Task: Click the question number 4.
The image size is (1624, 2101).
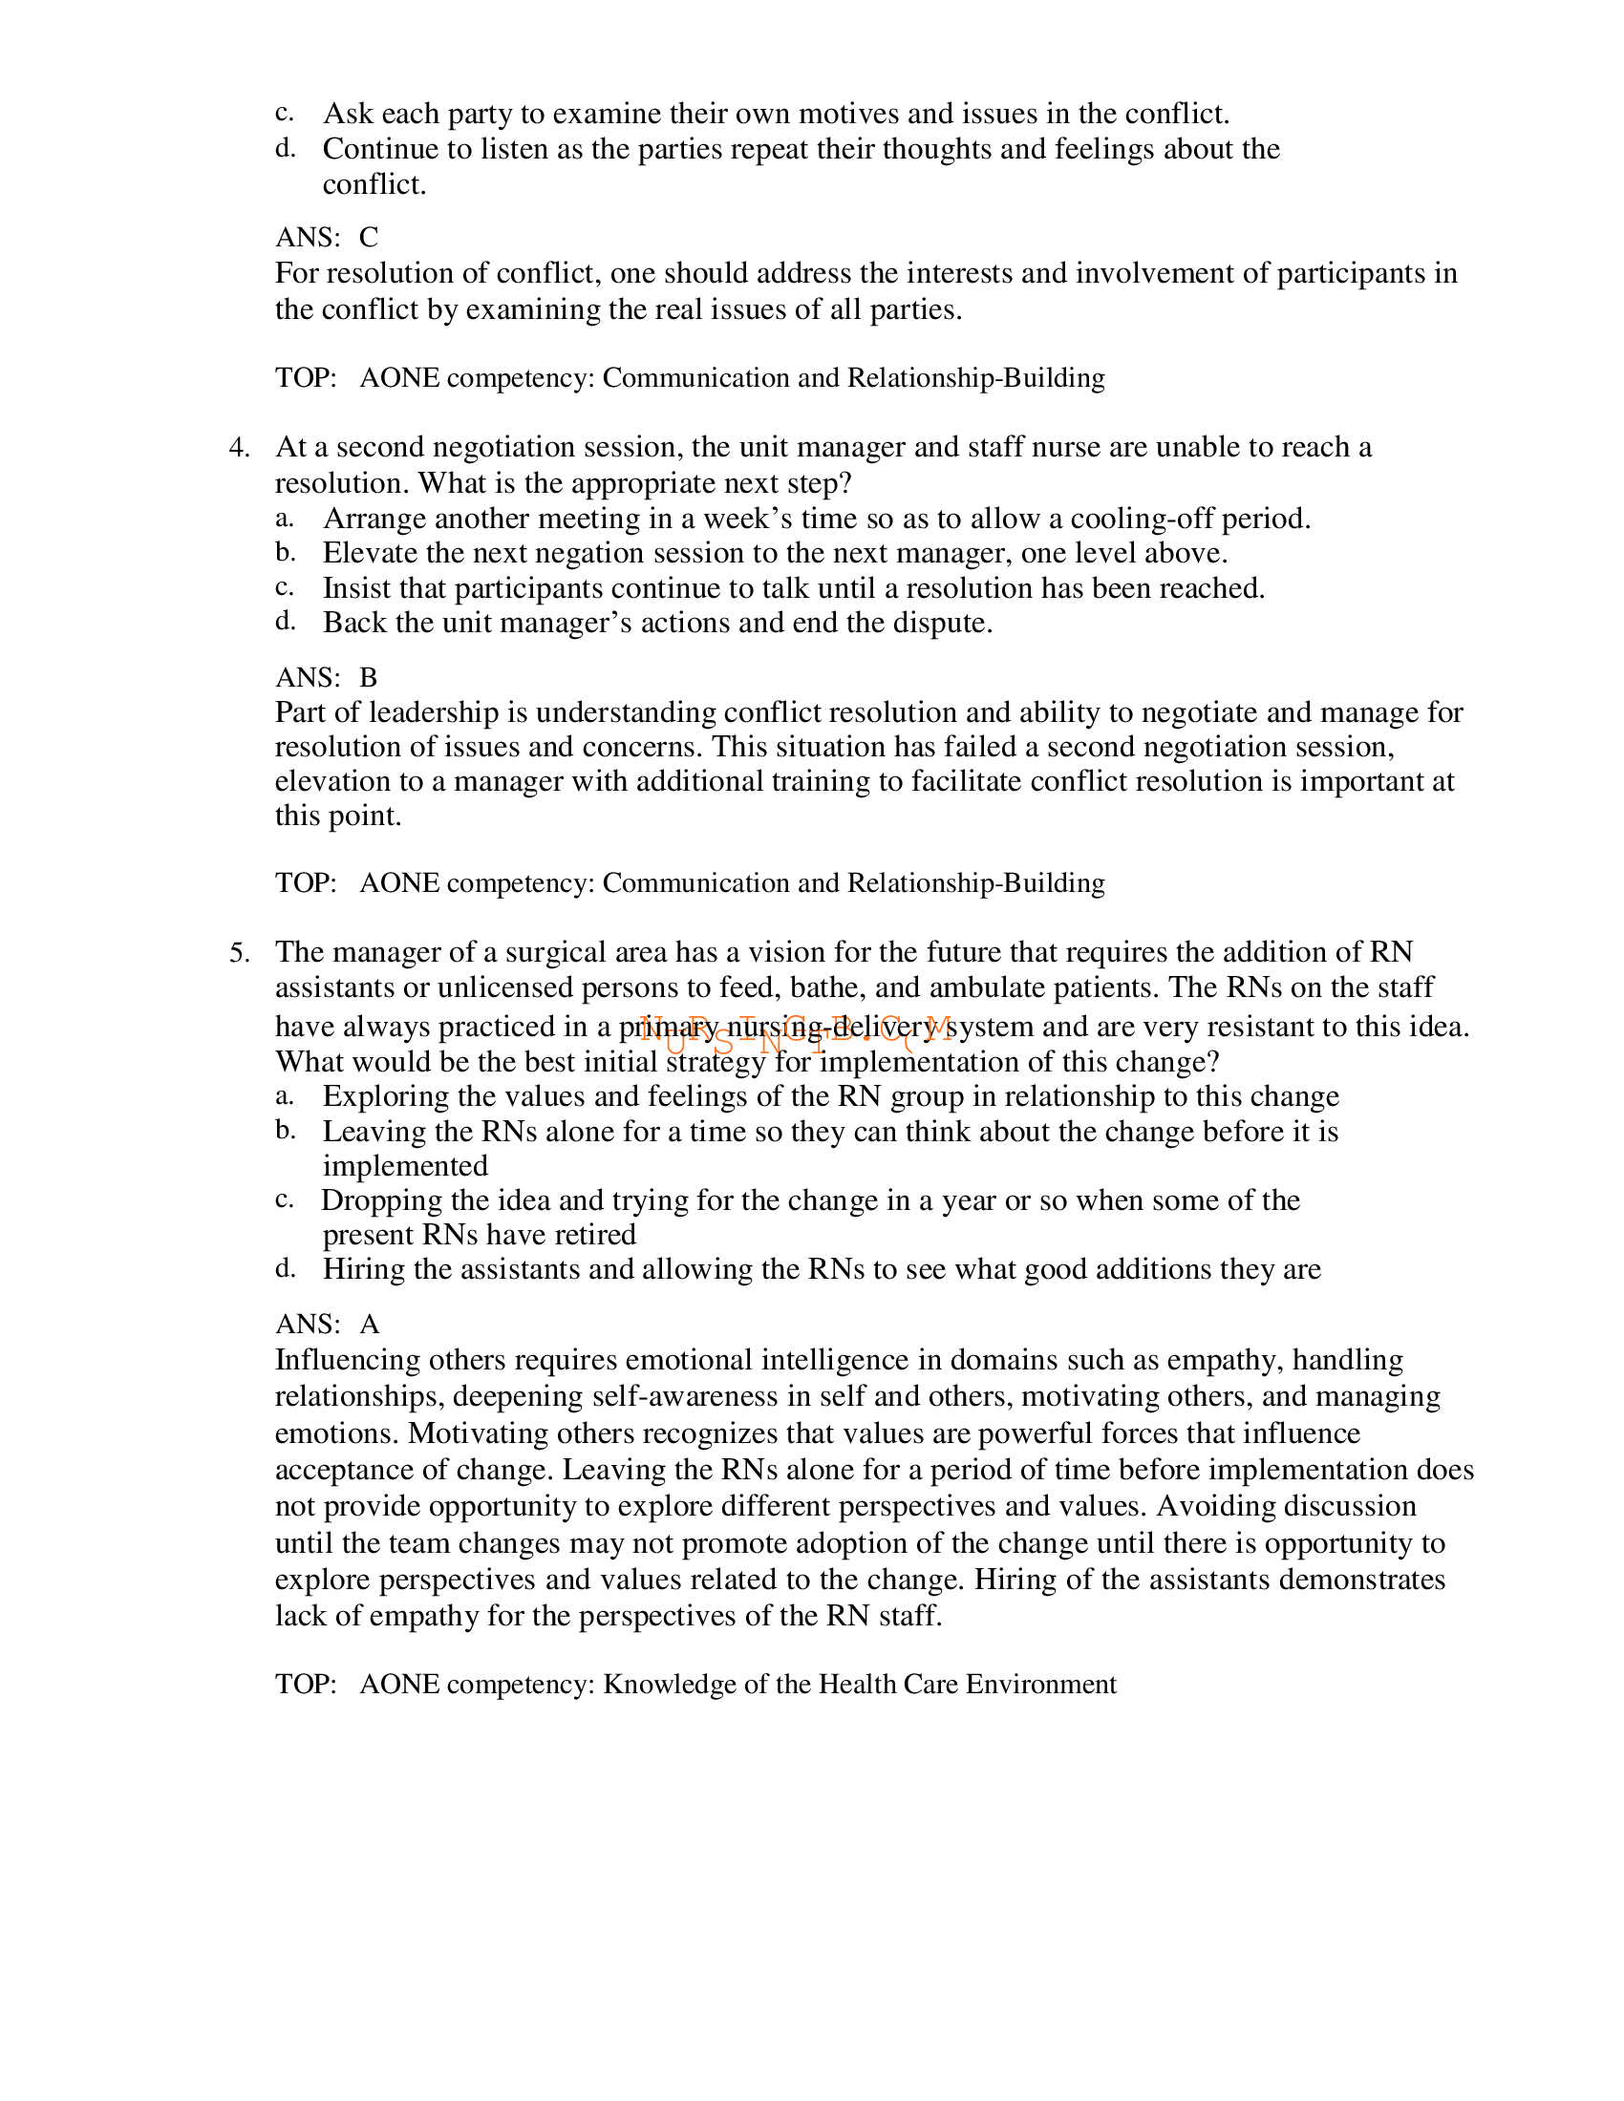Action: coord(239,448)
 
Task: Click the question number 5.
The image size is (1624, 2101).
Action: coord(239,953)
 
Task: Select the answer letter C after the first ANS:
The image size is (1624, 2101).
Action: coord(369,238)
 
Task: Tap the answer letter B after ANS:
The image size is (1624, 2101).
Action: coord(369,678)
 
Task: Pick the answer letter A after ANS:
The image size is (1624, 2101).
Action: coord(370,1325)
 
